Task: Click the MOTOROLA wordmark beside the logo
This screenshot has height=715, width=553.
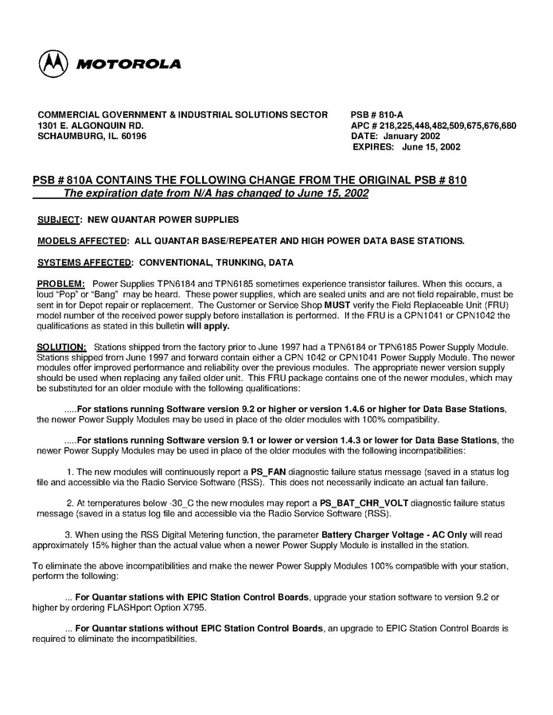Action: click(129, 64)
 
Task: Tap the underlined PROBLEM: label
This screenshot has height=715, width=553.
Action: click(61, 284)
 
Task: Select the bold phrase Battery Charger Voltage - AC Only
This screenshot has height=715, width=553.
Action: click(391, 535)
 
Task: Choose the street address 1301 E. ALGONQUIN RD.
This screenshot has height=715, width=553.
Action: click(91, 126)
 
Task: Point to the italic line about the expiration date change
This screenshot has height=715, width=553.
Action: click(216, 193)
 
